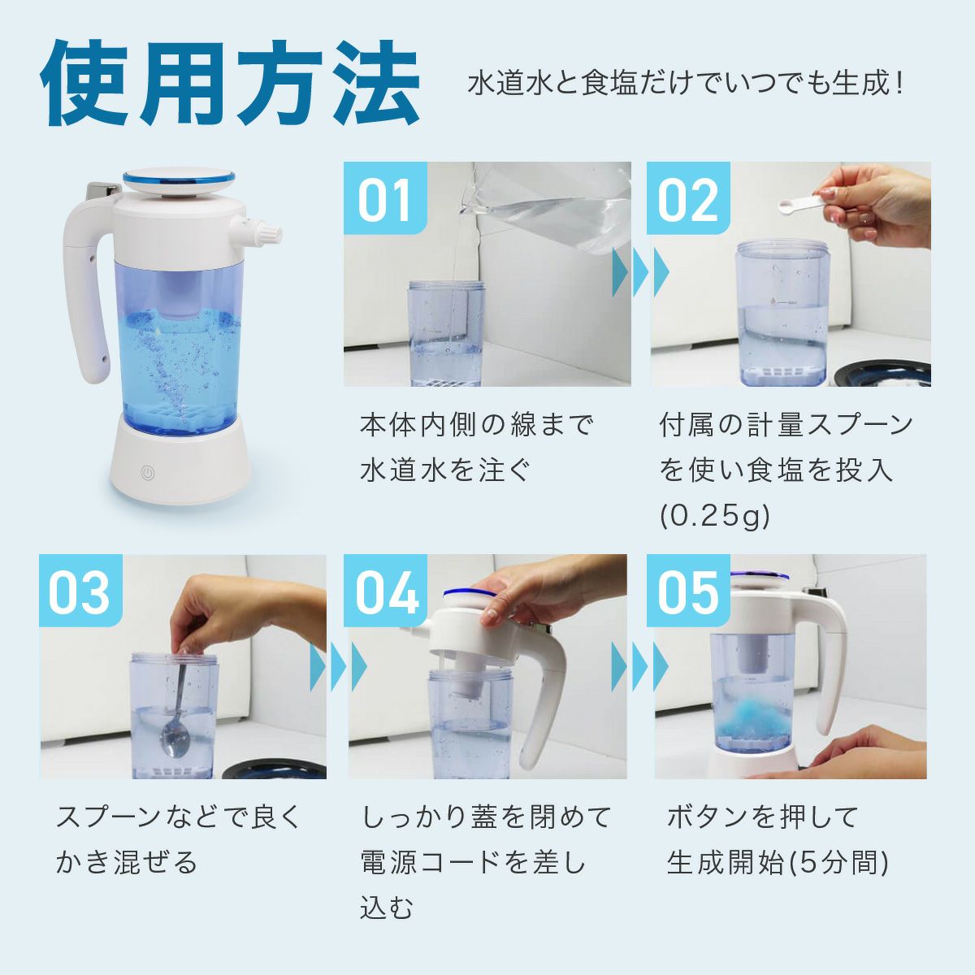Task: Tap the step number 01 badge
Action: coord(385,197)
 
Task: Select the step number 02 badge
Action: coord(688,197)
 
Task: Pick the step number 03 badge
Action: coord(81,591)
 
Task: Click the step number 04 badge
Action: coord(385,591)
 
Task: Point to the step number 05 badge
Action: coord(688,591)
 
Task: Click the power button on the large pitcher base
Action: coord(147,472)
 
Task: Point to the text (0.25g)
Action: coord(715,516)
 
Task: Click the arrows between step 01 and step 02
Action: coord(640,272)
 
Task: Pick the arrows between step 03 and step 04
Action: coord(338,667)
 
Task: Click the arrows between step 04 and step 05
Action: coord(640,667)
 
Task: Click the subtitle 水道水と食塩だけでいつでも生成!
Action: coord(685,84)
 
